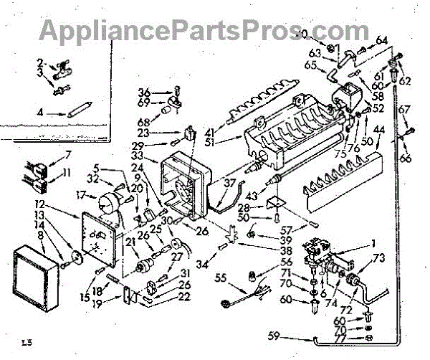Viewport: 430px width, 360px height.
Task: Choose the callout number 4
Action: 42,112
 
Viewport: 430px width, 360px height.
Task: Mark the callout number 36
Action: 143,91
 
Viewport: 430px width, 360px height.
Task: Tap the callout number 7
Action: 68,154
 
